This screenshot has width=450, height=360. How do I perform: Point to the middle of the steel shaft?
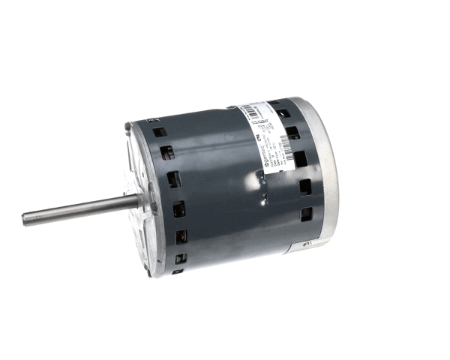tap(79, 209)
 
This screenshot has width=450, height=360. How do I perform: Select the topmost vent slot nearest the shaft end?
tap(159, 131)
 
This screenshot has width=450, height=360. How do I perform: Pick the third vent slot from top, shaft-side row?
tap(173, 179)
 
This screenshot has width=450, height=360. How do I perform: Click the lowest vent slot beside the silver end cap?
tap(307, 214)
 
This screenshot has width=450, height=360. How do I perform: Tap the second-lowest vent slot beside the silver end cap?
tap(305, 187)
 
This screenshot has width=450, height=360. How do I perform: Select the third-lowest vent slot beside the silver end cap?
tap(300, 159)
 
